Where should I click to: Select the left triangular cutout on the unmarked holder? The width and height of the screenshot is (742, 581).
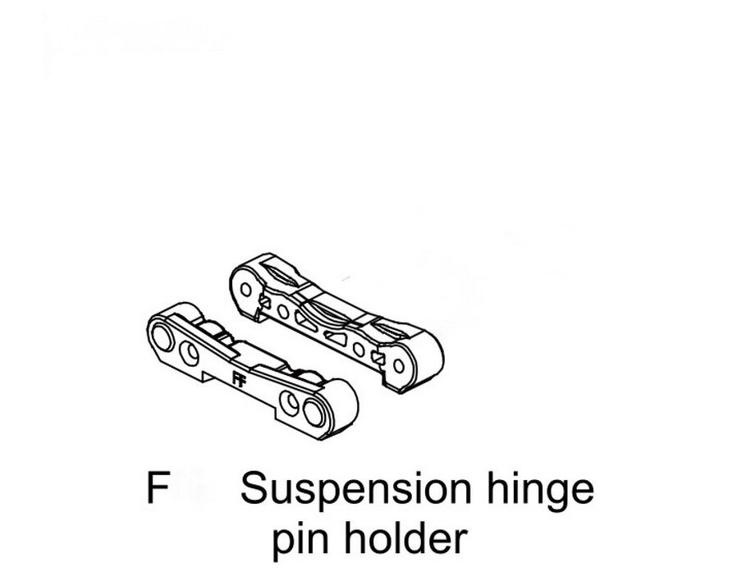tap(305, 322)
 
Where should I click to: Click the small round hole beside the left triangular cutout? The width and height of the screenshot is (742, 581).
tap(283, 312)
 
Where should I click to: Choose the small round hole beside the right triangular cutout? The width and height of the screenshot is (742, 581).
tap(359, 349)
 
